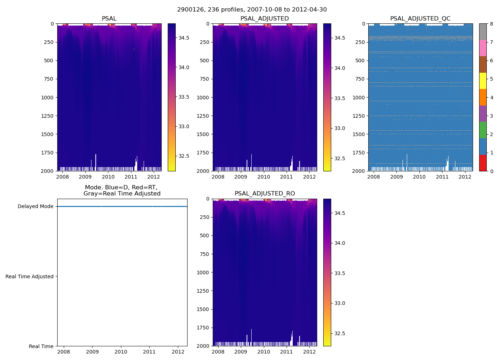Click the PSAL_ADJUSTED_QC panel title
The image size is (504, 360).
click(x=420, y=19)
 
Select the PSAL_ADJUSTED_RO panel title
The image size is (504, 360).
click(x=265, y=194)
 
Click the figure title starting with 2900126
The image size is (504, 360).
click(x=252, y=10)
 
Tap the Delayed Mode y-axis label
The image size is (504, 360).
click(x=35, y=207)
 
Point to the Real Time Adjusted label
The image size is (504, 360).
click(x=30, y=276)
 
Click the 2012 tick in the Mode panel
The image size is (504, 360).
click(x=178, y=352)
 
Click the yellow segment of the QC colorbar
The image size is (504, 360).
click(x=483, y=81)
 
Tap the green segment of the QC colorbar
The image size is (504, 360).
click(x=483, y=130)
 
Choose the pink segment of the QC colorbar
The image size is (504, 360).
click(x=483, y=48)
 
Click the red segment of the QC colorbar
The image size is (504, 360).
click(x=483, y=163)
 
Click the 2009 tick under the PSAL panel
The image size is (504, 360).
click(x=85, y=177)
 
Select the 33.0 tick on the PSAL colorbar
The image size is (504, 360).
click(x=184, y=126)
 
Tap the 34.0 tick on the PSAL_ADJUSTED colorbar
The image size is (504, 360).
click(x=339, y=68)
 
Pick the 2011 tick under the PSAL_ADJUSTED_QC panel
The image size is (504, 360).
click(x=442, y=177)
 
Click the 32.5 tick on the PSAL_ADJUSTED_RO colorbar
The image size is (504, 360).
click(x=339, y=333)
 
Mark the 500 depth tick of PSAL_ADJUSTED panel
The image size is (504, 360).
click(x=204, y=60)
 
